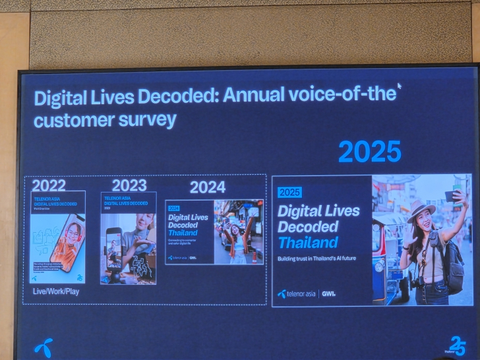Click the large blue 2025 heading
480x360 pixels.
click(x=369, y=152)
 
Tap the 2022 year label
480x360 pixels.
click(x=49, y=185)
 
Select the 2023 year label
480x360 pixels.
click(x=129, y=185)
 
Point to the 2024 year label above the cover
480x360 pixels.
click(x=207, y=187)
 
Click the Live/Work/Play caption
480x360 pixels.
click(x=55, y=291)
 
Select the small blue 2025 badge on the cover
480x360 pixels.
click(x=289, y=193)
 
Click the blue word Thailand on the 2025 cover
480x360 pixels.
click(x=308, y=243)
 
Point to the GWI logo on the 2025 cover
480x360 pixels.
click(x=328, y=294)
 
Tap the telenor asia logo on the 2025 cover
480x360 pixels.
click(x=296, y=294)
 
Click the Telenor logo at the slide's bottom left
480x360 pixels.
click(x=43, y=347)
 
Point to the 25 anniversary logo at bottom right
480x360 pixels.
click(x=457, y=345)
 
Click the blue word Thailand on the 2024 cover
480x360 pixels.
click(x=183, y=233)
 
